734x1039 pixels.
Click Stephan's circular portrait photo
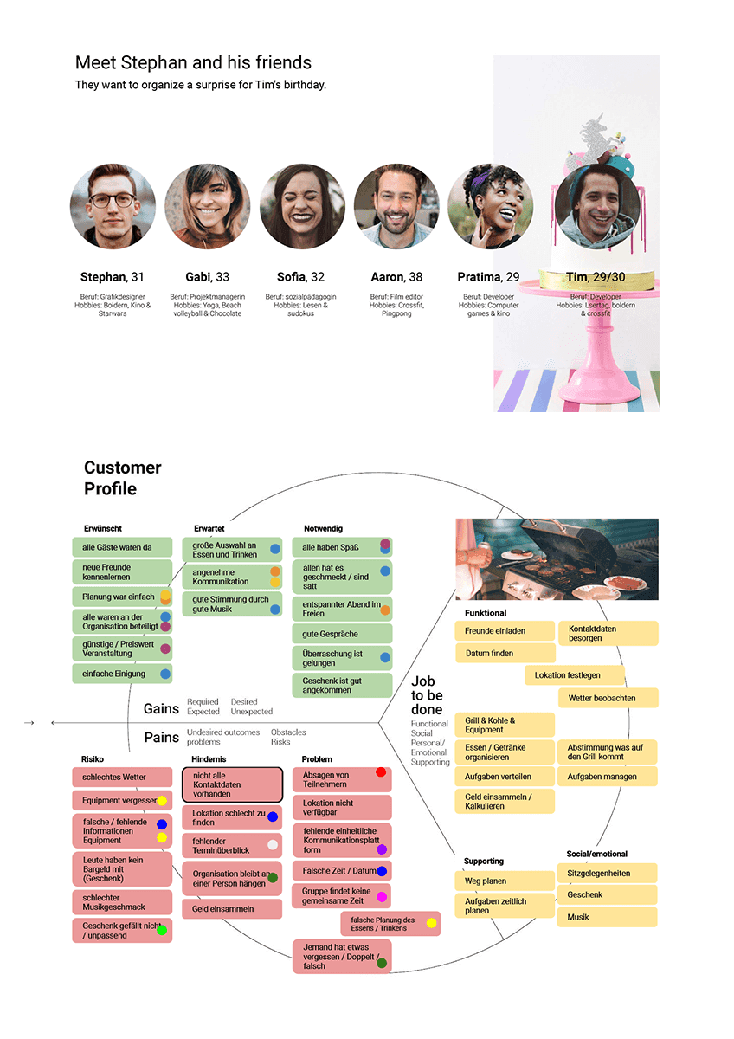[113, 207]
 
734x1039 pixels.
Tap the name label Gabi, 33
[207, 277]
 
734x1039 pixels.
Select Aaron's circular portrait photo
[396, 207]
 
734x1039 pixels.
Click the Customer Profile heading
[122, 478]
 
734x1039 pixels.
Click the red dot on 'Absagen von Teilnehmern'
[381, 772]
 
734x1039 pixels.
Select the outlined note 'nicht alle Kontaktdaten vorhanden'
[232, 784]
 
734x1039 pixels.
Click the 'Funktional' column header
[486, 613]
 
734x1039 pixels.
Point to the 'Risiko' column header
[93, 759]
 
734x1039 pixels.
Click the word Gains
[161, 709]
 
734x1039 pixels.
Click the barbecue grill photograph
[557, 559]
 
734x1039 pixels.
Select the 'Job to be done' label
[427, 695]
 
